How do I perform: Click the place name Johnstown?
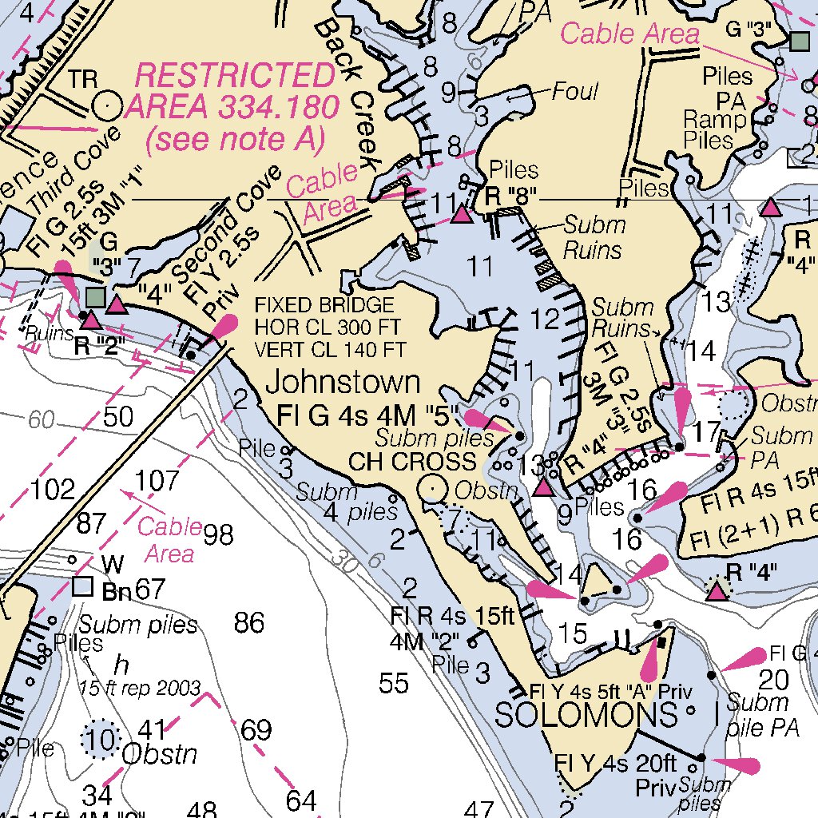click(343, 382)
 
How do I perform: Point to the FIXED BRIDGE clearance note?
click(330, 327)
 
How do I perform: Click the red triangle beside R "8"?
click(460, 214)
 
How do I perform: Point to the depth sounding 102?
click(53, 489)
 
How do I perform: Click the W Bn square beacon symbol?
click(82, 587)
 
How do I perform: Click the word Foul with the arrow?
click(574, 92)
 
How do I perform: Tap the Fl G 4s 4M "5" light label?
click(368, 415)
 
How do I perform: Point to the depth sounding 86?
click(249, 622)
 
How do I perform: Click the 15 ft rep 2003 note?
click(139, 688)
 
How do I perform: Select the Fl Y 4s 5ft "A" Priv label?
click(610, 690)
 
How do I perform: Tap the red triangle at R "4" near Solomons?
click(717, 591)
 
